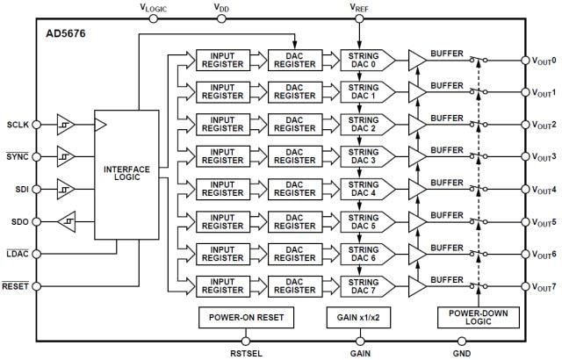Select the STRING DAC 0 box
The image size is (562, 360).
coord(364,59)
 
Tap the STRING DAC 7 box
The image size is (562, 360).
coord(364,285)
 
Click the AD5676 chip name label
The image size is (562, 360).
coord(65,34)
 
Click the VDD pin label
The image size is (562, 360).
coord(223,7)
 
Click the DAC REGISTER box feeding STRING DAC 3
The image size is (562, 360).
coord(292,156)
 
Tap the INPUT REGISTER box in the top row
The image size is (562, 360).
coord(221,59)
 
